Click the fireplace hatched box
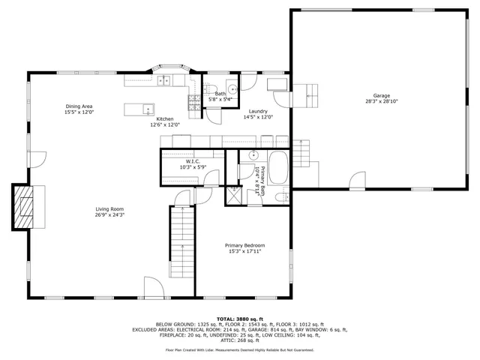26,206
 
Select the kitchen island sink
148,108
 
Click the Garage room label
382,95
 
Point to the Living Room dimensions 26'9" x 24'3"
109,215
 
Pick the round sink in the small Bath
229,85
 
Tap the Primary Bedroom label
245,245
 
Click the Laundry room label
258,111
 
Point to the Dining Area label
79,106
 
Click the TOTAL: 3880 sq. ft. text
240,319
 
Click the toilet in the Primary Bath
280,196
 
